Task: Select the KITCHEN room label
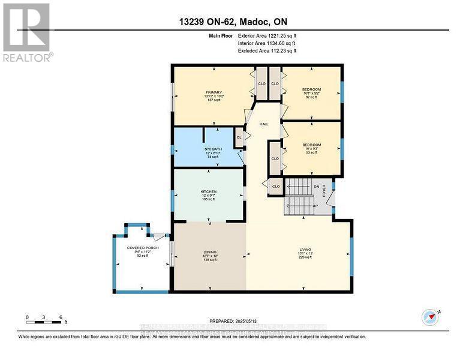(x=208, y=191)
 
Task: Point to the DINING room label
(x=209, y=252)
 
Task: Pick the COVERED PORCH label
(x=142, y=247)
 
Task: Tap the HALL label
(x=263, y=124)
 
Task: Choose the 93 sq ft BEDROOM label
(x=311, y=145)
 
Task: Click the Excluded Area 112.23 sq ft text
(x=267, y=52)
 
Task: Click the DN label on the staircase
(x=316, y=187)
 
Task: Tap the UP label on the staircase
(x=315, y=206)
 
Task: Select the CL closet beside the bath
(x=238, y=137)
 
